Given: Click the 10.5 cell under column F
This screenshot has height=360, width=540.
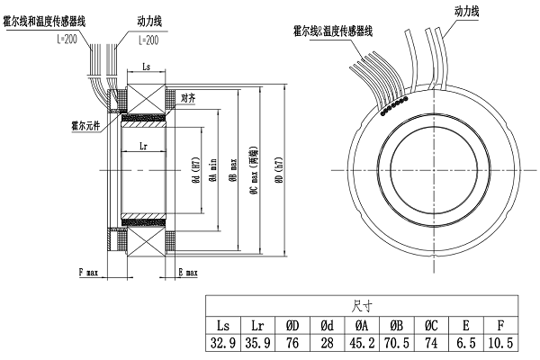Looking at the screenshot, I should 502,342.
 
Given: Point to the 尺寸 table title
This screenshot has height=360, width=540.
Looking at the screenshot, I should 362,304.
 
